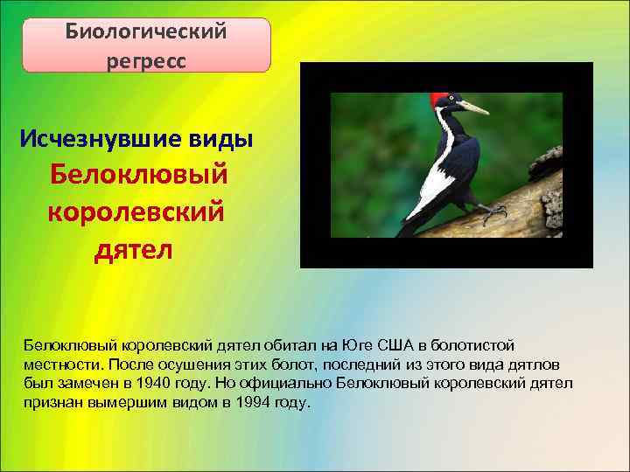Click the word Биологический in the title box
[x=146, y=32]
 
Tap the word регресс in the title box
[x=146, y=62]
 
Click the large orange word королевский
[x=135, y=211]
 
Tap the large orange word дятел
[x=134, y=249]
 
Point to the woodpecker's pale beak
[x=473, y=108]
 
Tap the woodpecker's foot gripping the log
[x=492, y=210]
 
